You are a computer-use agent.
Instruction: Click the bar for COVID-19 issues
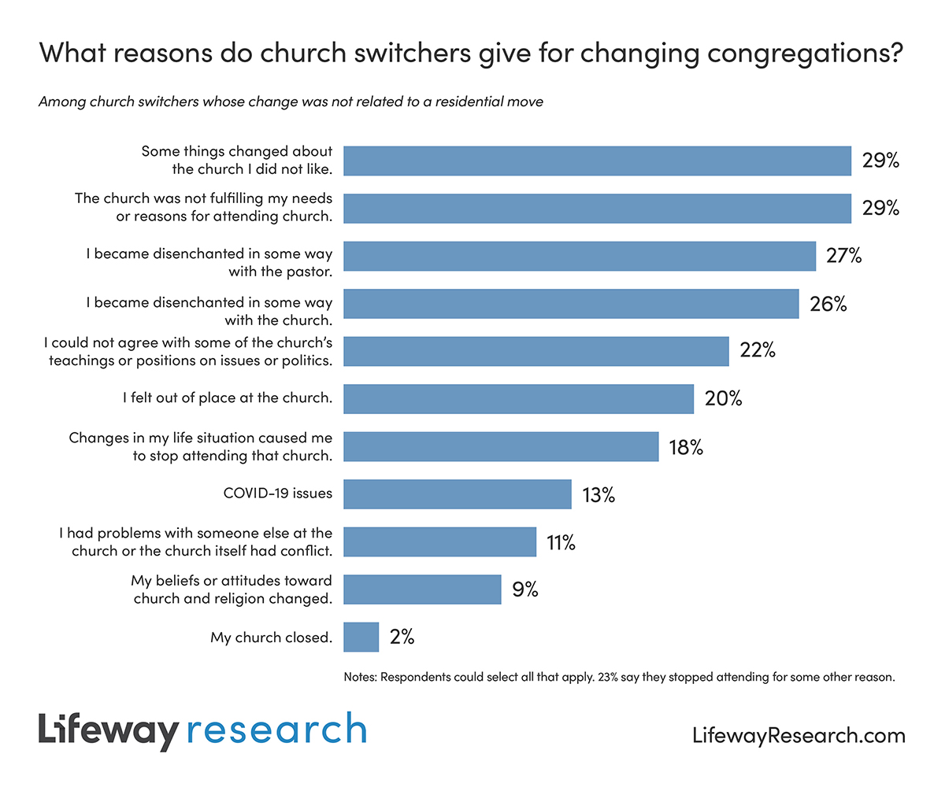pyautogui.click(x=458, y=494)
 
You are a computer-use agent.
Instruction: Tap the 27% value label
pyautogui.click(x=843, y=256)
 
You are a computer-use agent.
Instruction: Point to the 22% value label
pyautogui.click(x=758, y=351)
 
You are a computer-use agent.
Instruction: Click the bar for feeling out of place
pyautogui.click(x=519, y=399)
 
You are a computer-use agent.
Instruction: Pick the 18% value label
pyautogui.click(x=685, y=447)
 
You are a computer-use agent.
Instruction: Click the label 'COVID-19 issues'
pyautogui.click(x=278, y=494)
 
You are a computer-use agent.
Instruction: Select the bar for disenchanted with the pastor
pyautogui.click(x=580, y=256)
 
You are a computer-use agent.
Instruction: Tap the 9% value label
pyautogui.click(x=524, y=589)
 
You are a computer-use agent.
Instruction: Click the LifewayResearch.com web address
pyautogui.click(x=799, y=736)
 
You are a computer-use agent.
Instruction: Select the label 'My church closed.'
pyautogui.click(x=271, y=638)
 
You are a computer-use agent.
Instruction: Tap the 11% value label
pyautogui.click(x=561, y=542)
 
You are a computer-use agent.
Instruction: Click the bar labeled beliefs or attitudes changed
pyautogui.click(x=423, y=589)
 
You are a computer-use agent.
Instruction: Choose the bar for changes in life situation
pyautogui.click(x=501, y=447)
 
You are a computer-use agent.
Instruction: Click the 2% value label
pyautogui.click(x=402, y=637)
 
